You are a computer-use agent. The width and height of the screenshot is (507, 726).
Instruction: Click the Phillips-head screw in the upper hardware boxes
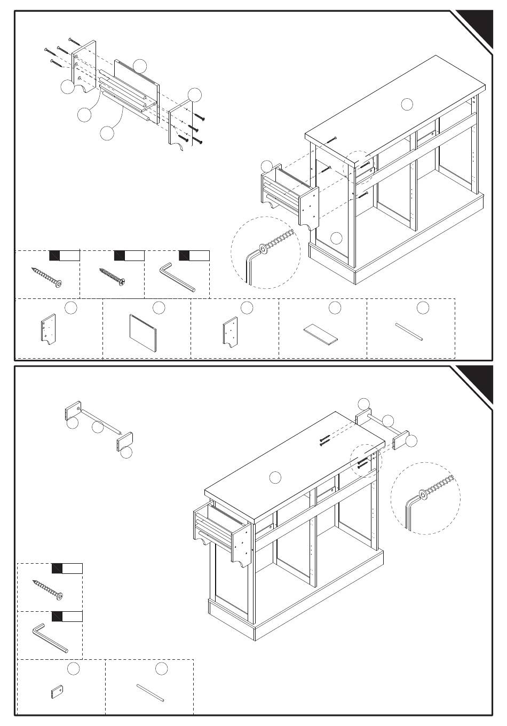point(112,276)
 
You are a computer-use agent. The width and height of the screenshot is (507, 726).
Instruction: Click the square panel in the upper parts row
point(143,331)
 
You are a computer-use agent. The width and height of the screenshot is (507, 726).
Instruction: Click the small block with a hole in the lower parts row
point(57,692)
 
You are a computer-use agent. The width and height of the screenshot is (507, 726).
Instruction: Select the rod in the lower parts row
point(150,692)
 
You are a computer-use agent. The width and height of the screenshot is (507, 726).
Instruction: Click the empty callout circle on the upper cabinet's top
point(407,104)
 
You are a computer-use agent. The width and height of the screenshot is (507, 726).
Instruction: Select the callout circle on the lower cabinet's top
point(275,477)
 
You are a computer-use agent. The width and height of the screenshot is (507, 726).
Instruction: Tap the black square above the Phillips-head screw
point(120,255)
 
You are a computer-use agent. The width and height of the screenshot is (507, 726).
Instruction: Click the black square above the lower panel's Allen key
point(57,617)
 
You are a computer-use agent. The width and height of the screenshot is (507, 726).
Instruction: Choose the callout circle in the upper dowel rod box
point(422,307)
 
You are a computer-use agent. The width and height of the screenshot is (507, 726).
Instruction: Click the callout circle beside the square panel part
point(159,307)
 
